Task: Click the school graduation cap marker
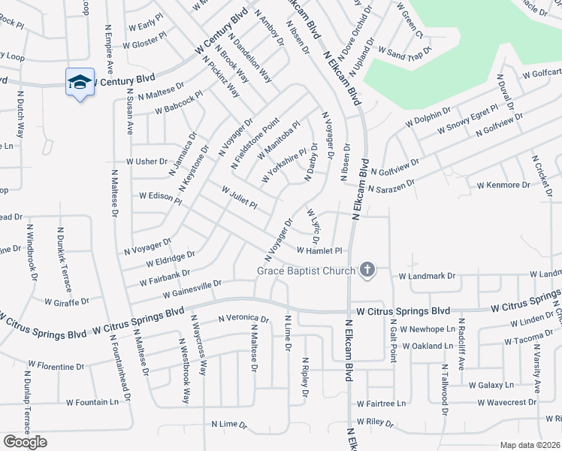click(79, 83)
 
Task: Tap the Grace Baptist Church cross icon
click(367, 270)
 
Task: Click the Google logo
click(25, 442)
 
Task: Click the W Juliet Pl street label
click(240, 197)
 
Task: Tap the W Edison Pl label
click(161, 196)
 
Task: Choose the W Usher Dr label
click(147, 162)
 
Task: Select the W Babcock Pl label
click(179, 104)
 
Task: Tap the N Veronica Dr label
click(243, 319)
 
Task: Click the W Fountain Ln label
click(92, 402)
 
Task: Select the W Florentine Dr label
click(56, 367)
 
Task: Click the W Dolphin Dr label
click(428, 118)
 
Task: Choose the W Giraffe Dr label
click(67, 302)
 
